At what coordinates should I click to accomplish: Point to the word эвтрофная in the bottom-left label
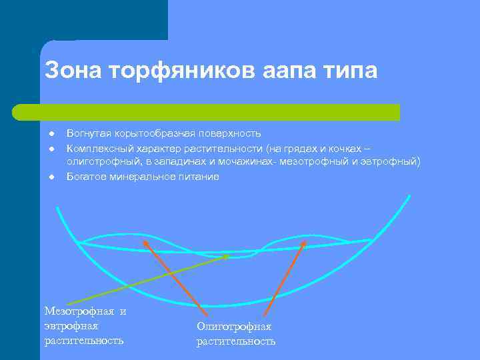coord(71,326)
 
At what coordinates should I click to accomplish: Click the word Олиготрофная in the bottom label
coord(233,327)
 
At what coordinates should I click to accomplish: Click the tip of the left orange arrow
coord(144,240)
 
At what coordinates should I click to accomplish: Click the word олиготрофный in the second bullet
coord(99,162)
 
